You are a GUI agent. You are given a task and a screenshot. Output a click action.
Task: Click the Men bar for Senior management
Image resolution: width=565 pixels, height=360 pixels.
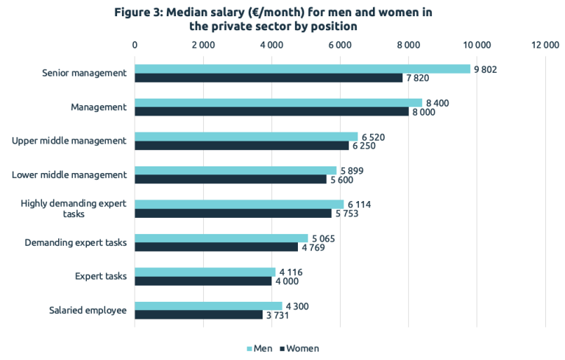(302, 68)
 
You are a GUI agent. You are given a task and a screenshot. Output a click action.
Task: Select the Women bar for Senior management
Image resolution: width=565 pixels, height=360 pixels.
(269, 78)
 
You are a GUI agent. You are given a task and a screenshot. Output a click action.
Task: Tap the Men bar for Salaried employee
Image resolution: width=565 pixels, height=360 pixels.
(208, 306)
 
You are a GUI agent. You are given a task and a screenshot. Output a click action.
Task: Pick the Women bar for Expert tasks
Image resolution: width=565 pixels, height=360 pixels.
(203, 281)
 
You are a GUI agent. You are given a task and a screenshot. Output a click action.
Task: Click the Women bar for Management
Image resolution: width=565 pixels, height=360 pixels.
(271, 112)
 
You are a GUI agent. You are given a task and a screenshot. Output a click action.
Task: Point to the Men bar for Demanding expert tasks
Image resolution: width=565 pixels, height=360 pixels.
(221, 238)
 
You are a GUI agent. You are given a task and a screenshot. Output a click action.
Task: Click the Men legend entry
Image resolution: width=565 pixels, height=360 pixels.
(260, 348)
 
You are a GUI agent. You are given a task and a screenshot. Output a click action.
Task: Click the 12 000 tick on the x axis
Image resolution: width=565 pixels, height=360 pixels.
(545, 45)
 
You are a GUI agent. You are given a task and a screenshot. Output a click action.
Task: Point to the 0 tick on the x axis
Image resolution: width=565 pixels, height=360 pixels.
(135, 45)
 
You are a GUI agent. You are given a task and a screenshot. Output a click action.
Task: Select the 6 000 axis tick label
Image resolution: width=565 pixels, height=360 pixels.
(340, 45)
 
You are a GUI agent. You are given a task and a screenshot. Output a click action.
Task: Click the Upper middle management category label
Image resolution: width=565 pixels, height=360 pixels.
(70, 141)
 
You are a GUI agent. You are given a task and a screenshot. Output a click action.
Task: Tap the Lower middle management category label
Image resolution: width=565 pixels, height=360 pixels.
(70, 174)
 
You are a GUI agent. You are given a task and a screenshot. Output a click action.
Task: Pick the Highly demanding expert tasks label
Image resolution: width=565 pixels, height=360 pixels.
(74, 208)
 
